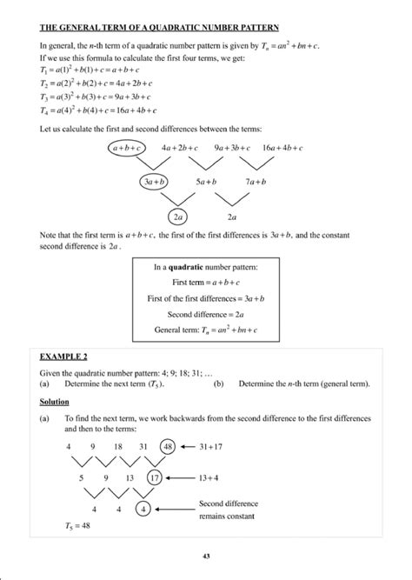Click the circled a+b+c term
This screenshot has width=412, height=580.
(x=127, y=149)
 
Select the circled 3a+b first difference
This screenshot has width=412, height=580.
(x=157, y=182)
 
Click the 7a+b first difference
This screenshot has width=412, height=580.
(x=255, y=182)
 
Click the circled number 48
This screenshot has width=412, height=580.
(x=168, y=445)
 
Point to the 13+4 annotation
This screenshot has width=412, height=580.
(x=212, y=477)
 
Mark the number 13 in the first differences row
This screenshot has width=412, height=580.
(x=130, y=477)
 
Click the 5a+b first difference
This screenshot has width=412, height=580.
(x=206, y=182)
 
